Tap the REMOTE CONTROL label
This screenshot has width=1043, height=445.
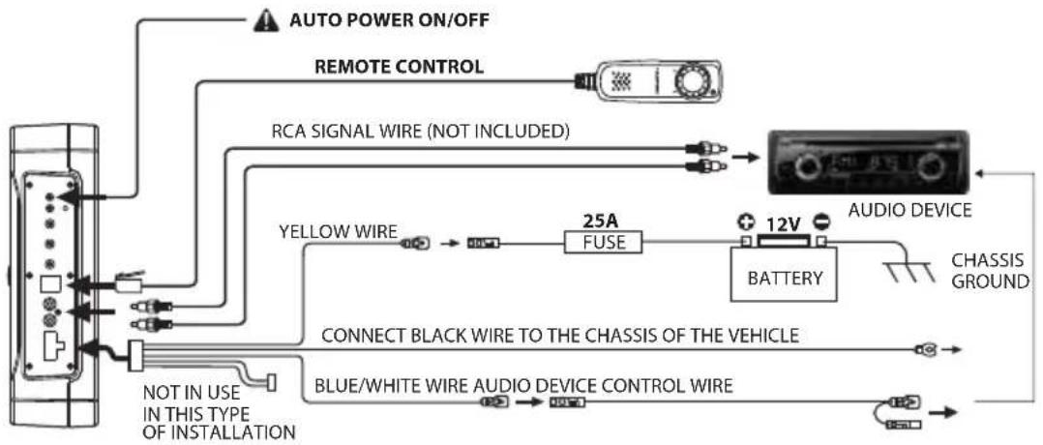[x=399, y=67]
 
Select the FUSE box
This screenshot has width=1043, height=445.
[x=604, y=242]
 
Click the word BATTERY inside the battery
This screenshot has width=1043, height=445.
[x=785, y=278]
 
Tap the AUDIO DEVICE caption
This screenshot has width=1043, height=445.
[x=909, y=211]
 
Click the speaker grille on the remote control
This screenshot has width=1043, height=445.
[x=620, y=81]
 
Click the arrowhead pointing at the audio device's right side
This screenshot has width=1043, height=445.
[x=980, y=172]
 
